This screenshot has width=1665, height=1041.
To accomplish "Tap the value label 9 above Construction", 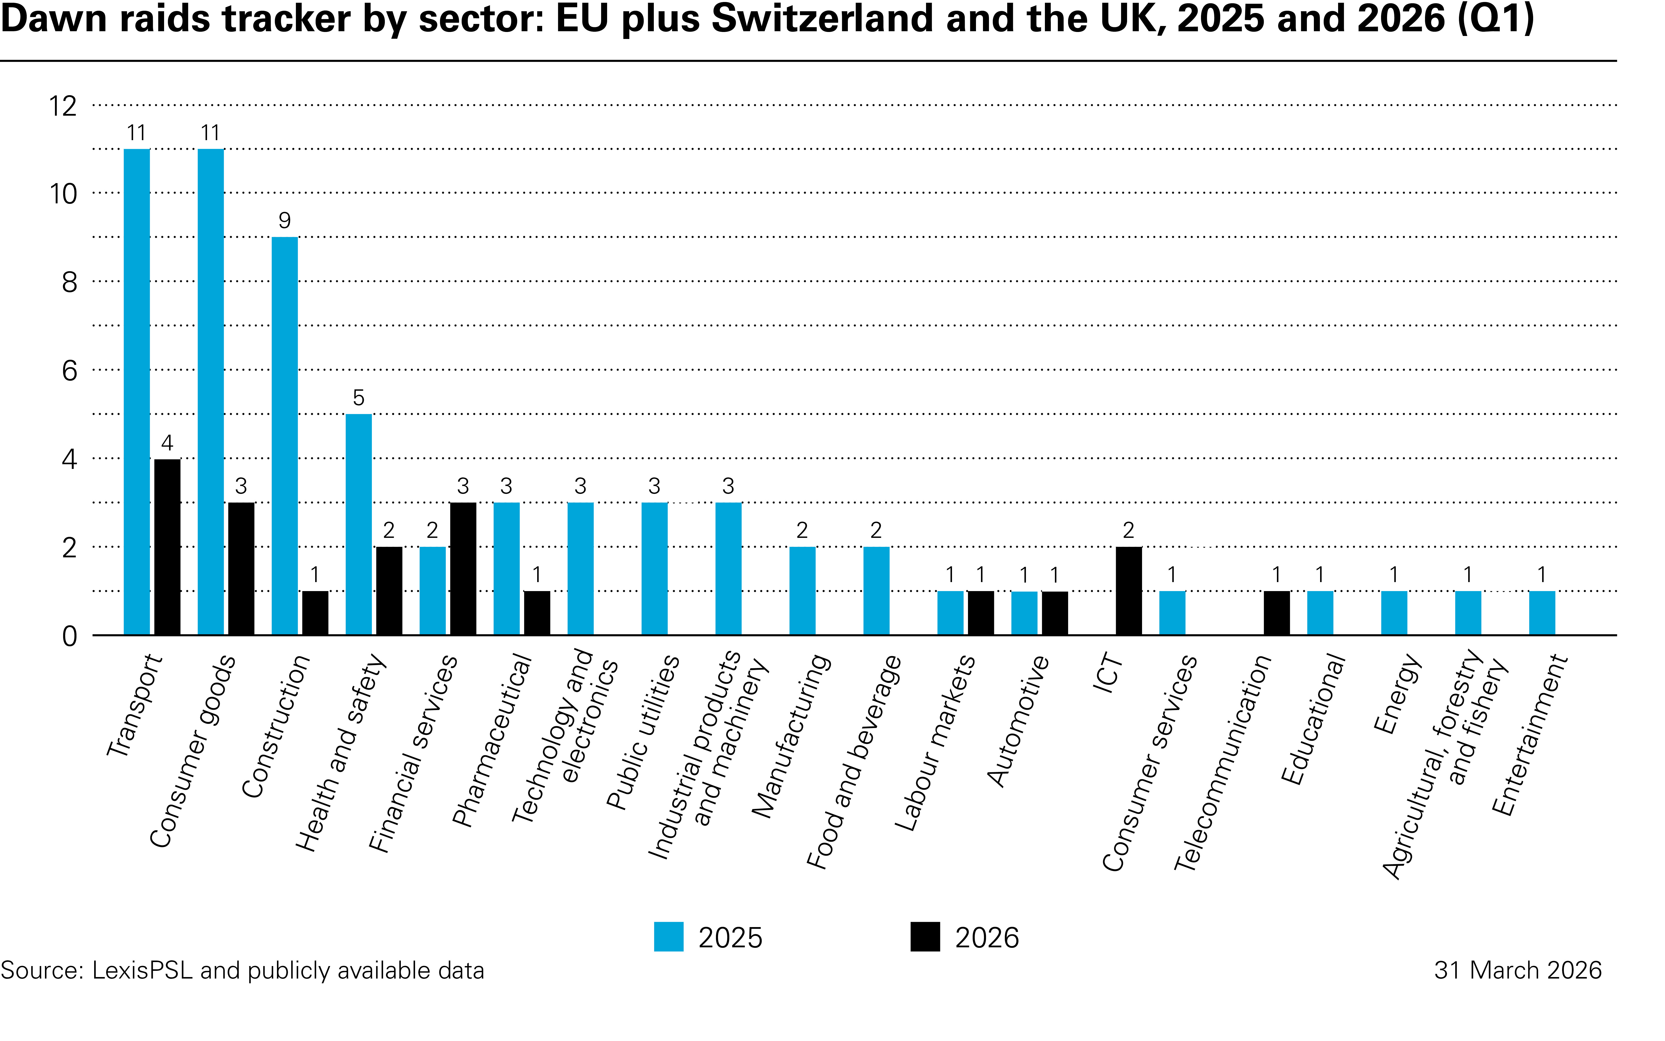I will pyautogui.click(x=284, y=220).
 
